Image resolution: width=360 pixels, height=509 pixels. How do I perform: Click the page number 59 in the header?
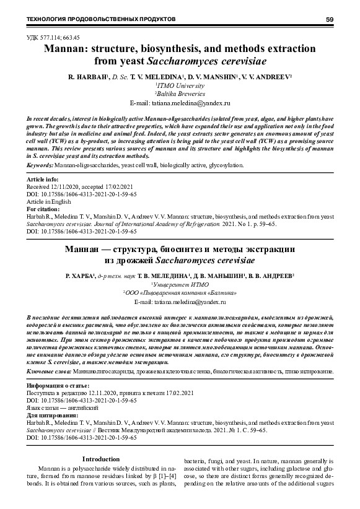[329, 20]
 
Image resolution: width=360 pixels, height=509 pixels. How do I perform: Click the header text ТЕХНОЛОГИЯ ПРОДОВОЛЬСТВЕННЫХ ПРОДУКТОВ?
[100, 20]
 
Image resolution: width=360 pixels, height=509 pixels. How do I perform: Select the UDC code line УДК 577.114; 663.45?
[53, 37]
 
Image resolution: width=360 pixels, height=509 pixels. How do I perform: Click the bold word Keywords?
[40, 165]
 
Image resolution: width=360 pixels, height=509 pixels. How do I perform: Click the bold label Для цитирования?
[51, 414]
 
